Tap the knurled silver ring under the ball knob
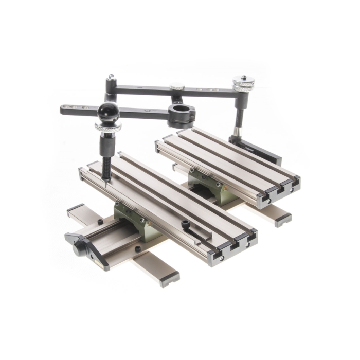[x=108, y=127]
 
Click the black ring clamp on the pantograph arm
[x=181, y=114]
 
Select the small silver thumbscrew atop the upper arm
[x=177, y=87]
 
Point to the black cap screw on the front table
[x=185, y=224]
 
